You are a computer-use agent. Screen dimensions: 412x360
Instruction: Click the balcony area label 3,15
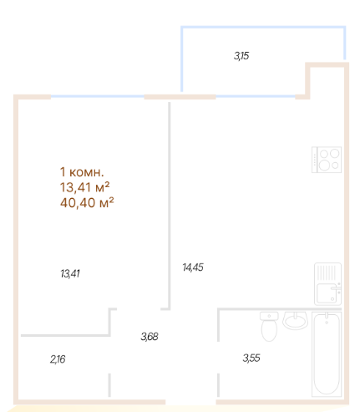241,56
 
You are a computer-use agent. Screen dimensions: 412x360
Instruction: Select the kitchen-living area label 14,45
193,267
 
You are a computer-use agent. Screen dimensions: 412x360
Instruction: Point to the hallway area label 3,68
149,337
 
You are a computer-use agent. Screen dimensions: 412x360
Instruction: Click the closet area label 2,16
57,359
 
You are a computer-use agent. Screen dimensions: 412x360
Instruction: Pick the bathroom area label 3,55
251,359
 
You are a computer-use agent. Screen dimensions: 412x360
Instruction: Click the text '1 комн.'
81,172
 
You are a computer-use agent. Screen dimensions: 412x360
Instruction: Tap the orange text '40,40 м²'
87,201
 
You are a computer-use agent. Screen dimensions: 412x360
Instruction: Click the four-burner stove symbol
326,160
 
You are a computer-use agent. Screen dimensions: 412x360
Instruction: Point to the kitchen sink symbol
327,284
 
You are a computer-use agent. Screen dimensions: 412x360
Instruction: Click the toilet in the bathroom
269,326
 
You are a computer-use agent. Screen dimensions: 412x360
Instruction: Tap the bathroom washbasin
296,319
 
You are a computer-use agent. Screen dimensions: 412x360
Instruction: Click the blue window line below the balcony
255,96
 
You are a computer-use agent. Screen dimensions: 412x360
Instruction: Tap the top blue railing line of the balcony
262,28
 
